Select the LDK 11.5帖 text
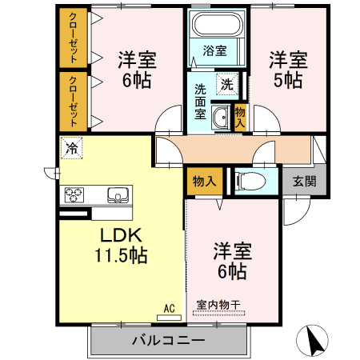pyautogui.click(x=122, y=246)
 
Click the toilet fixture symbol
pyautogui.click(x=248, y=181)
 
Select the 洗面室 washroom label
pyautogui.click(x=201, y=102)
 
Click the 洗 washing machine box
pyautogui.click(x=227, y=83)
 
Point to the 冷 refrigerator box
pyautogui.click(x=72, y=147)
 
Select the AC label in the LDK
pyautogui.click(x=169, y=306)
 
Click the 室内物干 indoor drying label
pyautogui.click(x=218, y=305)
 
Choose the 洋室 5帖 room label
pyautogui.click(x=285, y=69)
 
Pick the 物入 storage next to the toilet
pyautogui.click(x=205, y=181)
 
